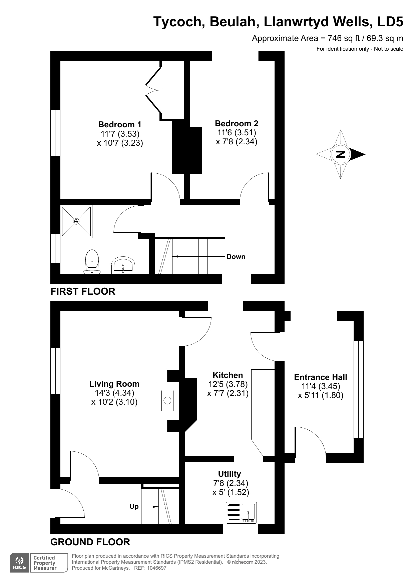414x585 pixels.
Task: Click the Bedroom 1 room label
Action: [x=119, y=125]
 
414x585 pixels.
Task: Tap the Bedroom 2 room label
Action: [x=236, y=124]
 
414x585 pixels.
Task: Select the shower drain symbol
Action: [x=76, y=221]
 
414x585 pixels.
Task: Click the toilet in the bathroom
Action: [x=92, y=262]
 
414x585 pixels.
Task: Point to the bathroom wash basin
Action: [x=123, y=265]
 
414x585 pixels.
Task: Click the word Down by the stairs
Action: [x=236, y=257]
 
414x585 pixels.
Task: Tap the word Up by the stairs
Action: [x=134, y=506]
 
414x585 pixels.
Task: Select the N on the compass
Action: [x=341, y=154]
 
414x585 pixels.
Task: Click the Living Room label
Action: [x=114, y=384]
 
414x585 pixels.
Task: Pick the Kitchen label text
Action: [x=228, y=375]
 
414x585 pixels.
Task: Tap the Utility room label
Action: [x=229, y=474]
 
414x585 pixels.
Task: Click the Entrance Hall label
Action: [x=320, y=377]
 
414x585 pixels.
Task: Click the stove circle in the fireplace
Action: [x=167, y=400]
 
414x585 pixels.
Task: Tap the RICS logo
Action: [x=20, y=563]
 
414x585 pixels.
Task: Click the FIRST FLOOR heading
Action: [x=83, y=291]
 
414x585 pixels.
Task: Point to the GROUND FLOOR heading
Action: [x=90, y=542]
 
